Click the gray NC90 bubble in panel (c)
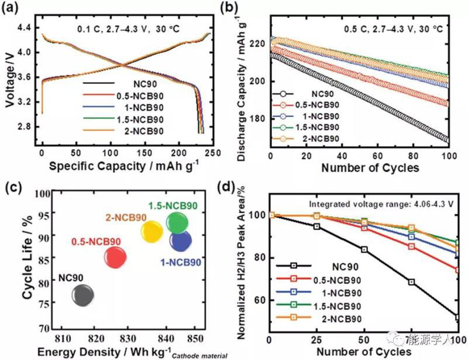(82, 295)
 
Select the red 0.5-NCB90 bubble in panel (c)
(115, 258)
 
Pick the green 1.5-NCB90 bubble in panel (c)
(177, 223)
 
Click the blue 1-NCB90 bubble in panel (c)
(180, 241)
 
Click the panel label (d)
(242, 189)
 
